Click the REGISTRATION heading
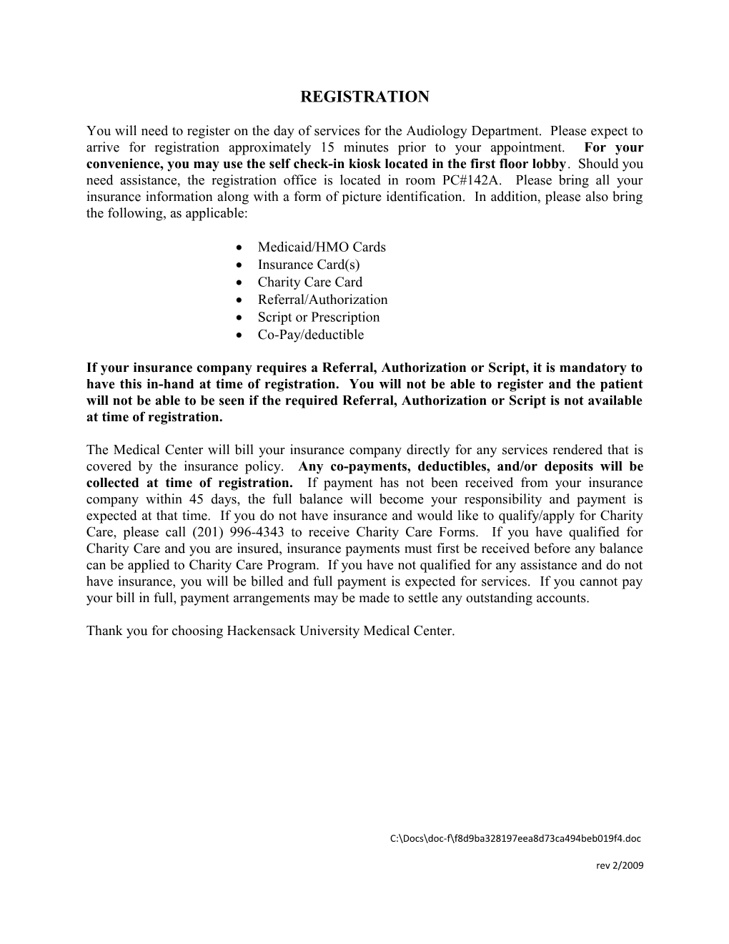click(364, 97)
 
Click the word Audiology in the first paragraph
click(435, 131)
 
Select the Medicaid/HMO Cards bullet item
click(322, 247)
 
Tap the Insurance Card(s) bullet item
click(309, 265)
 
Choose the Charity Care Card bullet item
click(310, 282)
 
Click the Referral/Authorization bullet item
click(322, 300)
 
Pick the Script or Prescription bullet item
click(319, 318)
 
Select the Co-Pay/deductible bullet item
click(311, 335)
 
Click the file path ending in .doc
click(515, 838)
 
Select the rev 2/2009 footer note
click(620, 865)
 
